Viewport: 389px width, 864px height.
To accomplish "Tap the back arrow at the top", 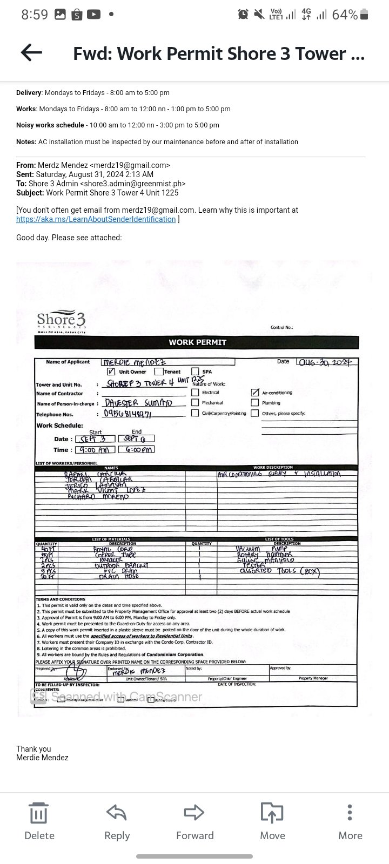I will pos(31,52).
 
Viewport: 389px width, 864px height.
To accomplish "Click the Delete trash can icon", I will pos(39,812).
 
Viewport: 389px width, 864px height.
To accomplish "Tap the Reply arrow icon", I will pos(117,812).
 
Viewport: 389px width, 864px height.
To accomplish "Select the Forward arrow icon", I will pos(194,812).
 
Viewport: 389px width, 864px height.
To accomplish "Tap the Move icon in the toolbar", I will pos(272,812).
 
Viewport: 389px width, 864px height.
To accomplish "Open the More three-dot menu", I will pos(350,812).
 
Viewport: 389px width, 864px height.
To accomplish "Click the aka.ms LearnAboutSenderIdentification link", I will pos(96,219).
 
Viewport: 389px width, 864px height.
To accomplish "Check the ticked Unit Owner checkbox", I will pos(111,372).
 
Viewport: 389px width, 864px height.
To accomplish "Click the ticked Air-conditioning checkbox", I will pos(255,393).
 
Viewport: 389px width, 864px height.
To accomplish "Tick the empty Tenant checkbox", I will pos(159,372).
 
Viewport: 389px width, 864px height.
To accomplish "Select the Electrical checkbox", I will pos(195,393).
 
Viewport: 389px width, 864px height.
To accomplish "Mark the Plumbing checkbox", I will pos(255,403).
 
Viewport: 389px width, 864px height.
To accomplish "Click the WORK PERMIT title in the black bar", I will pos(197,342).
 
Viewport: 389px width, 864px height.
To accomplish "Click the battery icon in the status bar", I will pos(365,15).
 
